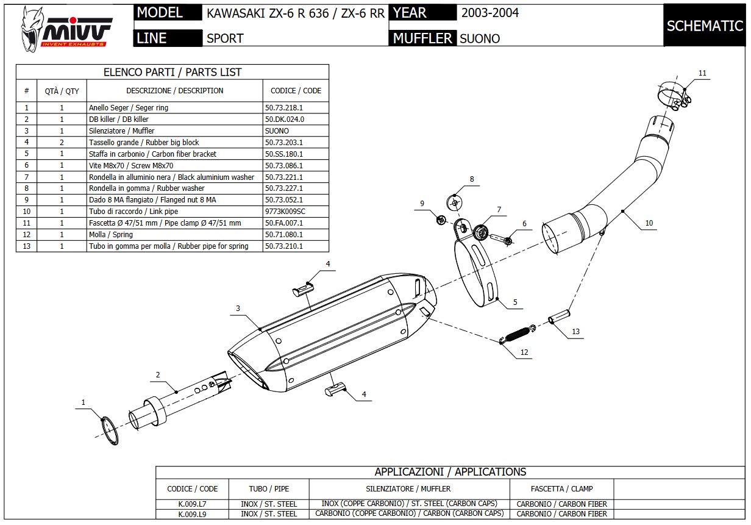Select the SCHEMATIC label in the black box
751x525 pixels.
pos(705,26)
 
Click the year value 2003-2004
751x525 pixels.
pos(490,13)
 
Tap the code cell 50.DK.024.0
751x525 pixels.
pos(284,120)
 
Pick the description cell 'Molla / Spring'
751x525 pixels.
pos(111,235)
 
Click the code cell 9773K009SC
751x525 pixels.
pos(285,212)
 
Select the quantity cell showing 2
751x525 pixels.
pos(62,143)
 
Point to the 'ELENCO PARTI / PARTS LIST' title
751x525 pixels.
pos(173,72)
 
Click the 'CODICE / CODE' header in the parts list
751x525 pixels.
pos(296,91)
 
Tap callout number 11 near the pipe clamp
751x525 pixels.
pos(702,73)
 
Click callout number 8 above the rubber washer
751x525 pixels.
pos(471,179)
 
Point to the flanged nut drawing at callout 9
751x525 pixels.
pos(442,218)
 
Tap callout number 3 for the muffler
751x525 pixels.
pos(238,309)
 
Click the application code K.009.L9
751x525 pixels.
pos(192,514)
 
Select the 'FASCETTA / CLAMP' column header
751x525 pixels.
pos(561,488)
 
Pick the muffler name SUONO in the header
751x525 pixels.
pos(480,38)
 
